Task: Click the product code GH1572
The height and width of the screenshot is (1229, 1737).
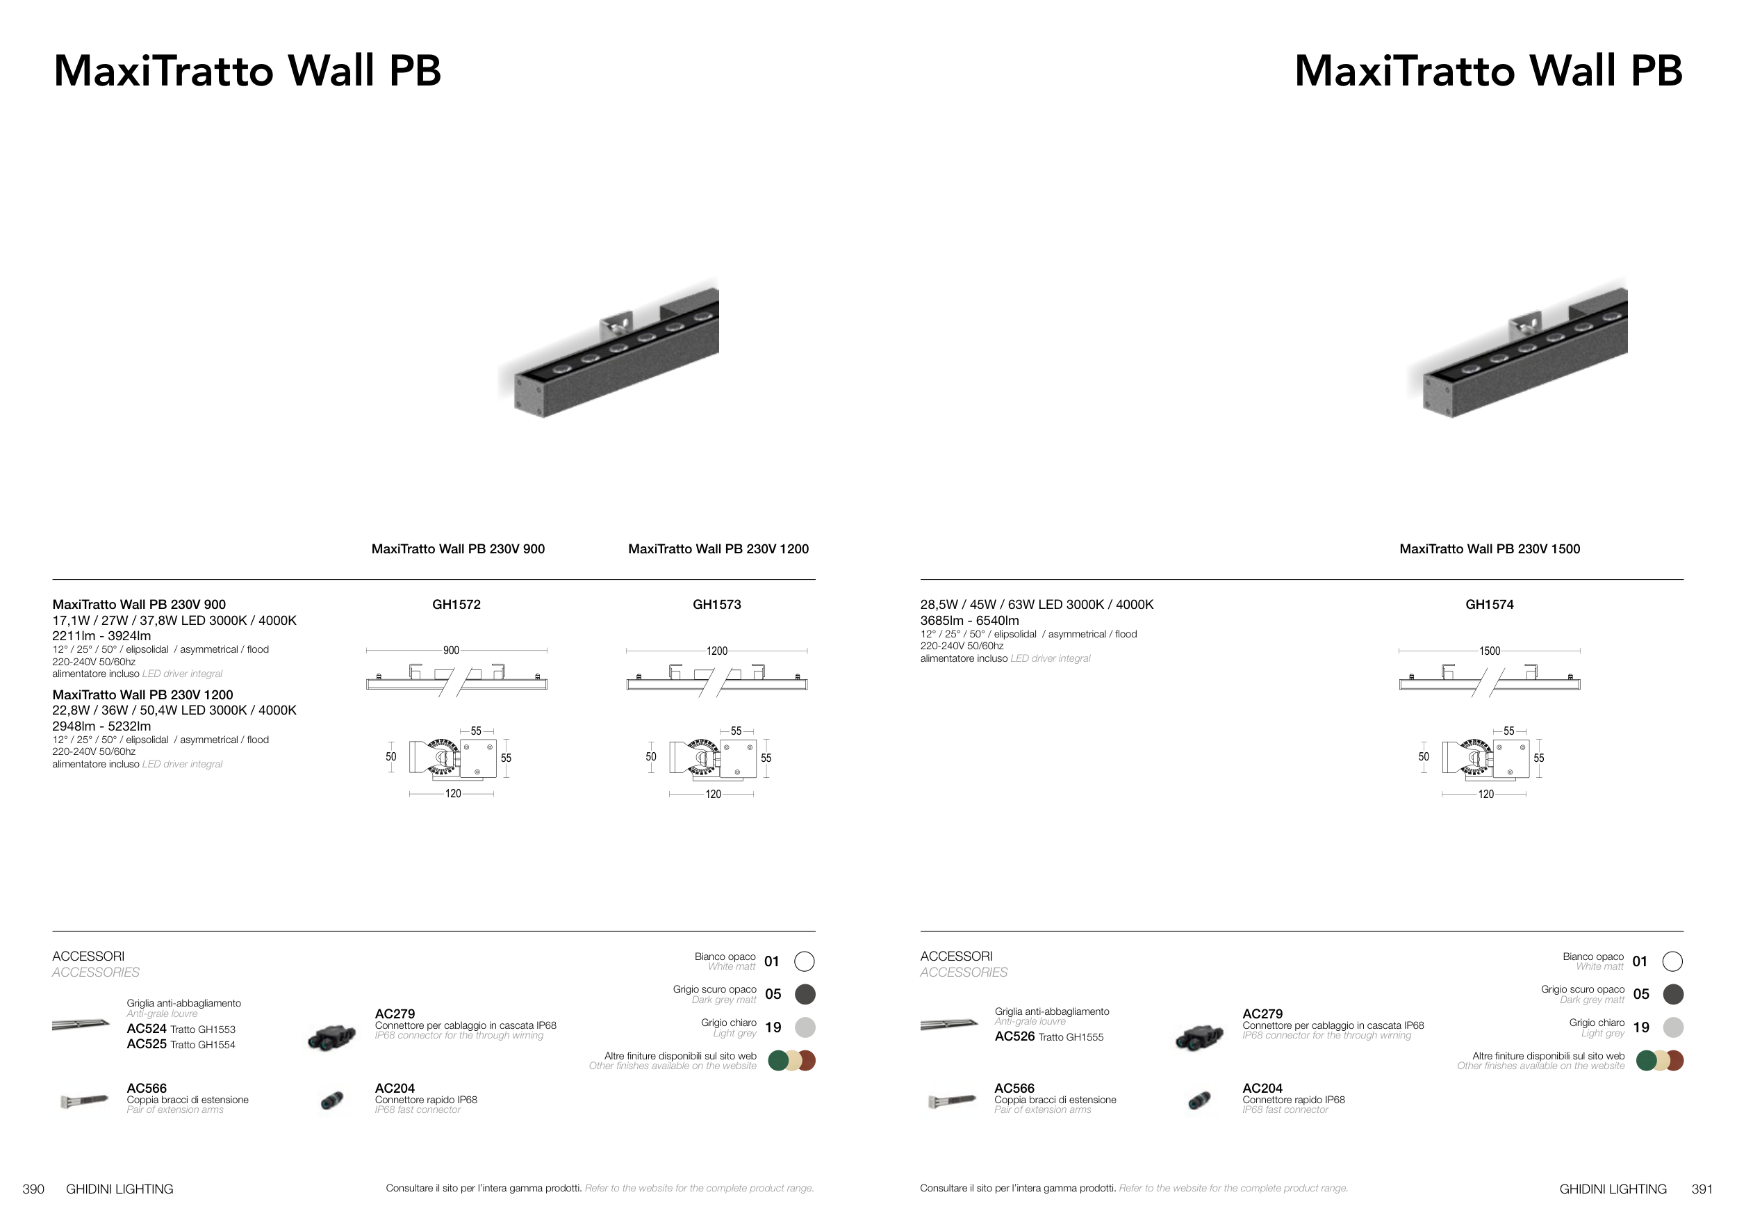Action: pyautogui.click(x=456, y=605)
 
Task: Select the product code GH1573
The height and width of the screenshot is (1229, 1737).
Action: pyautogui.click(x=716, y=605)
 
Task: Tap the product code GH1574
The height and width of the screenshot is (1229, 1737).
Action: pyautogui.click(x=1489, y=605)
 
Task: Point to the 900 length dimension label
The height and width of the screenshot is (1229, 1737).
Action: pyautogui.click(x=451, y=651)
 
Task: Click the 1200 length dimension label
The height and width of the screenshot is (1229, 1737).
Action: pyautogui.click(x=716, y=651)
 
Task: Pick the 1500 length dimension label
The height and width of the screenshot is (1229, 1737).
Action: pyautogui.click(x=1489, y=651)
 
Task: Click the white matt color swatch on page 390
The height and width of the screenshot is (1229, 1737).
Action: pyautogui.click(x=804, y=961)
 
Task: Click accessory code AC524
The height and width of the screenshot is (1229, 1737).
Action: pyautogui.click(x=147, y=1029)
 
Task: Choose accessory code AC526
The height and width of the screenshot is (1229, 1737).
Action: pyautogui.click(x=1014, y=1036)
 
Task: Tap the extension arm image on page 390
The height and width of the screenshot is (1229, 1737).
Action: pyautogui.click(x=85, y=1100)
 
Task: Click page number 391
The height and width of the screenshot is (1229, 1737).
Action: pyautogui.click(x=1702, y=1189)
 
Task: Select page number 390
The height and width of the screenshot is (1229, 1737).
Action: pyautogui.click(x=33, y=1189)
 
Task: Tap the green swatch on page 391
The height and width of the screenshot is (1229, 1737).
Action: pyautogui.click(x=1646, y=1060)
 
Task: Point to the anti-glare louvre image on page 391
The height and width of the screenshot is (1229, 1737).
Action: pyautogui.click(x=948, y=1025)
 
